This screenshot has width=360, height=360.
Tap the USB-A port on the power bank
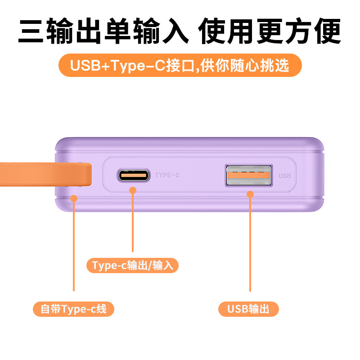[249, 175]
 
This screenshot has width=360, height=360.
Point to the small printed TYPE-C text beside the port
[167, 175]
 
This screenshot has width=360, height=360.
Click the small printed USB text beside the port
[285, 176]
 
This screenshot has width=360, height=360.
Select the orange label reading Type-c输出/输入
[132, 265]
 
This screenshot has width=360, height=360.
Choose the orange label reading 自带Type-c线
[74, 309]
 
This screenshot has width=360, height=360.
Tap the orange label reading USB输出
[248, 309]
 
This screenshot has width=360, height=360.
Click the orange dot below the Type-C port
[133, 190]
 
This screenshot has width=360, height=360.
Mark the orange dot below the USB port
[251, 194]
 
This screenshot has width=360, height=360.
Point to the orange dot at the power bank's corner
[74, 198]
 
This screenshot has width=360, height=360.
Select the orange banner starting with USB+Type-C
[180, 66]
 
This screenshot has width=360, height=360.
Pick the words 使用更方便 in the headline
[270, 31]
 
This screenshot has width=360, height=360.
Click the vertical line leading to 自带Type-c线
[74, 247]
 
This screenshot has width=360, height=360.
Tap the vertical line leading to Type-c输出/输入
[133, 223]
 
